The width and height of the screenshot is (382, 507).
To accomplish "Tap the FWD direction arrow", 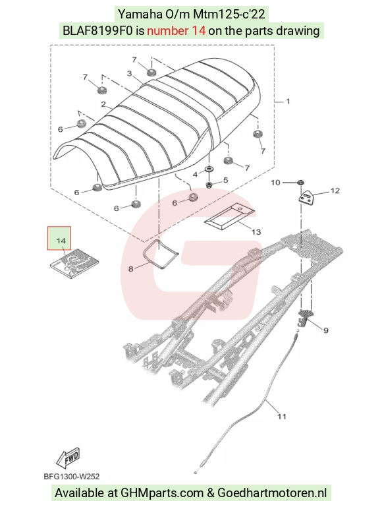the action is tap(68, 458).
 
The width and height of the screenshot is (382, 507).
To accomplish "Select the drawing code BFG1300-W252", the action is tap(72, 477).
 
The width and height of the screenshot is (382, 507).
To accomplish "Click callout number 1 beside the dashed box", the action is tap(288, 102).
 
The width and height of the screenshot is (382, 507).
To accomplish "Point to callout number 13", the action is tap(256, 232).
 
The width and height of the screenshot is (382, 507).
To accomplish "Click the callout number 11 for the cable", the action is tap(282, 417).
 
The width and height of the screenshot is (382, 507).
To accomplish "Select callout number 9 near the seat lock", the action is tap(326, 330).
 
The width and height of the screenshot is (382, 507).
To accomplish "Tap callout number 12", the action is tap(335, 191).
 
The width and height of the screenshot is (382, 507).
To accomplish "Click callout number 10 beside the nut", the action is tap(275, 183).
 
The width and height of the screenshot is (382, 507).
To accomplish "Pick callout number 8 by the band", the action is tap(131, 269).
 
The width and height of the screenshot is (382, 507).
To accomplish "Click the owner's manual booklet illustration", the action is tap(74, 263).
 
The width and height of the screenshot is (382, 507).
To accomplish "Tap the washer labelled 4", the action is tap(210, 169).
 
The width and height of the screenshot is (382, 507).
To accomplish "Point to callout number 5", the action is tap(225, 180).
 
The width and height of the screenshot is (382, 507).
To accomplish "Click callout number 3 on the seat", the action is tap(130, 74).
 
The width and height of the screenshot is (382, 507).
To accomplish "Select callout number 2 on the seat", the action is tap(103, 104).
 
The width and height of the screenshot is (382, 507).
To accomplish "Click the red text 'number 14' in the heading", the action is tap(177, 31).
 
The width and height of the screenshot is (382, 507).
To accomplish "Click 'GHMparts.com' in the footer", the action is tap(162, 493).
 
